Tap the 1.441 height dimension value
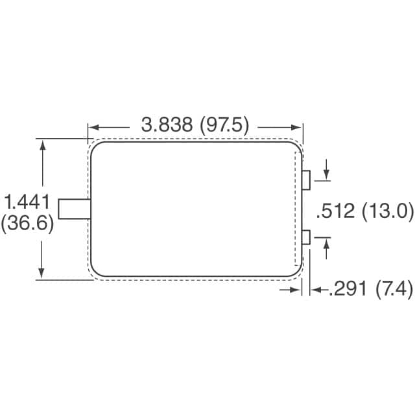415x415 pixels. coord(27,201)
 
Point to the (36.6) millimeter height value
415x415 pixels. coord(27,224)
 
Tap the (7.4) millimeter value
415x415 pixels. coord(394,290)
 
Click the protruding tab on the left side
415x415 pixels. coord(74,209)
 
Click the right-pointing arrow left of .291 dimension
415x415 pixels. coord(296,290)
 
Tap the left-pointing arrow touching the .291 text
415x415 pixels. coord(316,290)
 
